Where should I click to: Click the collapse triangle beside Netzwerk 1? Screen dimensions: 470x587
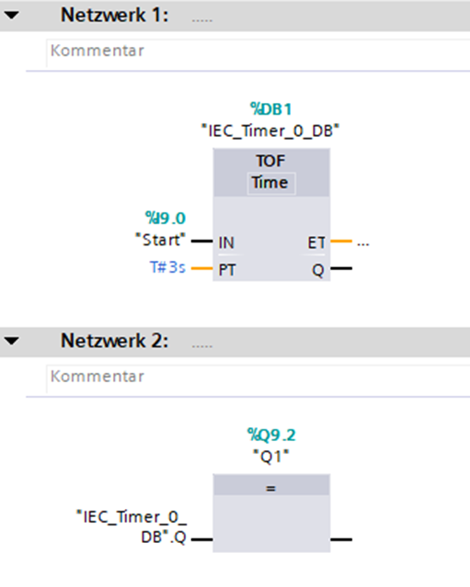point(11,16)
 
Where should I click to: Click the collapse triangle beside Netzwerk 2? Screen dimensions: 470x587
point(11,341)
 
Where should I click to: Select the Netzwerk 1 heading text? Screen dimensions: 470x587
point(115,16)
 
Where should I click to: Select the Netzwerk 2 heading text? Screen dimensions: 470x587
point(115,341)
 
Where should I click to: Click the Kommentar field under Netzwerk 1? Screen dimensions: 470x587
point(258,52)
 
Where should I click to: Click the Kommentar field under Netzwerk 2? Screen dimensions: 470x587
point(258,378)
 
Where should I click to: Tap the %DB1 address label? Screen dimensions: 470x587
point(271,109)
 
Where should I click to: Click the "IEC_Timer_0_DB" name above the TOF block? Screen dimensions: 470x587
point(270,131)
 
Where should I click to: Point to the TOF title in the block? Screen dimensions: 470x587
point(270,161)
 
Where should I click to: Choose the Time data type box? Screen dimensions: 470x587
point(271,184)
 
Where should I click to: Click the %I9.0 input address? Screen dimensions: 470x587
point(166,219)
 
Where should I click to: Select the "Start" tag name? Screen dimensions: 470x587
point(160,240)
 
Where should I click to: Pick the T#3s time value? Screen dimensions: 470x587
point(167,267)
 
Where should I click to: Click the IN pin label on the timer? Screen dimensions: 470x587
point(226,243)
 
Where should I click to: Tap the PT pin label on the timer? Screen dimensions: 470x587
point(227,270)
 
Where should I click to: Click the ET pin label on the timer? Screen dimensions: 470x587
point(316,243)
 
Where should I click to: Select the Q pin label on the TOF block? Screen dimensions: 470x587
point(318,270)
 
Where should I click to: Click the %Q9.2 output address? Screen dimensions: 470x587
point(271,435)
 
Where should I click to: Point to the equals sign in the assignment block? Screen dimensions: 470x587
point(270,488)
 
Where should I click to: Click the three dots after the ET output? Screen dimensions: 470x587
point(362,244)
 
